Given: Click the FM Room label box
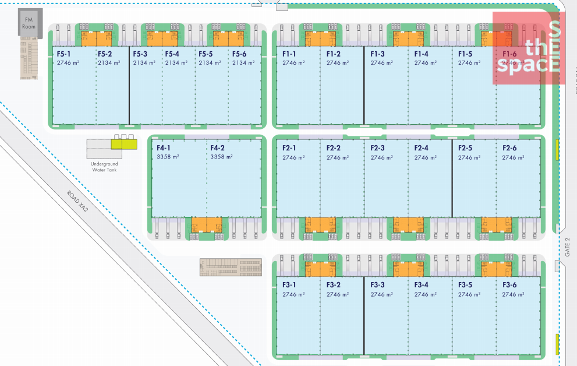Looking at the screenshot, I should point(28,23).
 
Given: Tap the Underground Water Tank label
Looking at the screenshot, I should point(104,167).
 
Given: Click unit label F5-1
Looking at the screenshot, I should point(65,54).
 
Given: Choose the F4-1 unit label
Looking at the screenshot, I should point(164,148).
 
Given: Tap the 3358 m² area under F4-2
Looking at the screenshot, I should point(221,157).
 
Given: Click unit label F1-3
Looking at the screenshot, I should point(377,54).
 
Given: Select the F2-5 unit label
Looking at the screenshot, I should point(465,148).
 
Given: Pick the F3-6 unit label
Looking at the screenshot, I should point(509,285).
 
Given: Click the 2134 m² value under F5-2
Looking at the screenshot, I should point(109,63).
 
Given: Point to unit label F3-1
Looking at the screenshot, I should point(289,285).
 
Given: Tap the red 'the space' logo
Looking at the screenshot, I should point(528,48).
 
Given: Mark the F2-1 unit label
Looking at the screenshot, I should point(289,148).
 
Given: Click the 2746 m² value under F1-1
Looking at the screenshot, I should point(293,63).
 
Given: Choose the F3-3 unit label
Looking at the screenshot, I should point(377,285).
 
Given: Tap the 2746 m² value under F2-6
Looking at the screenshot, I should point(514,157).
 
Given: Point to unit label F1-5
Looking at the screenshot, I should point(465,54).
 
